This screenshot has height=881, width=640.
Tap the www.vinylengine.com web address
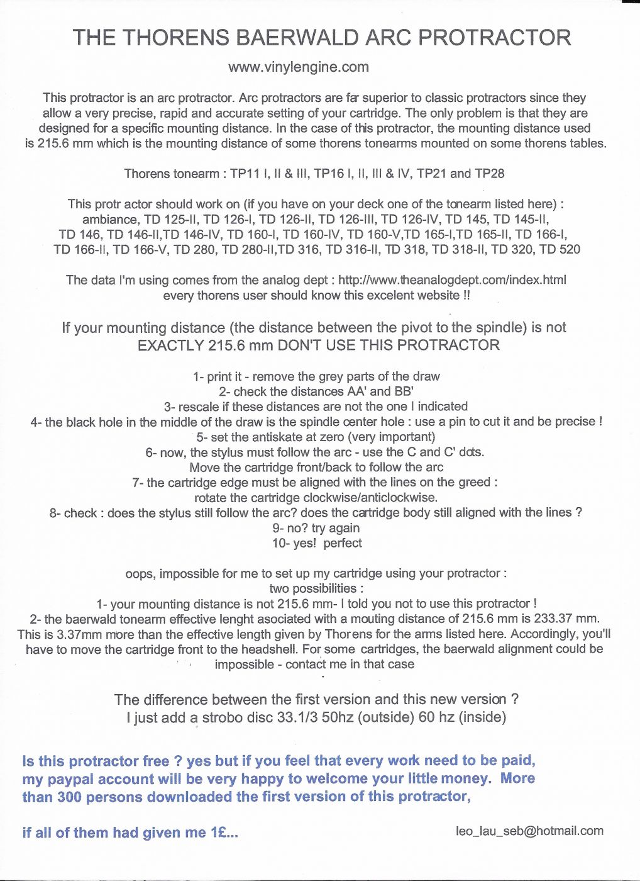(x=299, y=67)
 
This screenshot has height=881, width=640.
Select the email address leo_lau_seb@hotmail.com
(x=529, y=831)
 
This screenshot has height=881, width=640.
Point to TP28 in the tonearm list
(x=490, y=174)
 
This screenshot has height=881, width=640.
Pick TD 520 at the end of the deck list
(x=560, y=249)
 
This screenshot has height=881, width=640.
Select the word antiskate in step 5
(x=264, y=437)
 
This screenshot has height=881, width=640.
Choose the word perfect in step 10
(x=343, y=543)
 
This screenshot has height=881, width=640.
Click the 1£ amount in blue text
(x=221, y=833)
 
